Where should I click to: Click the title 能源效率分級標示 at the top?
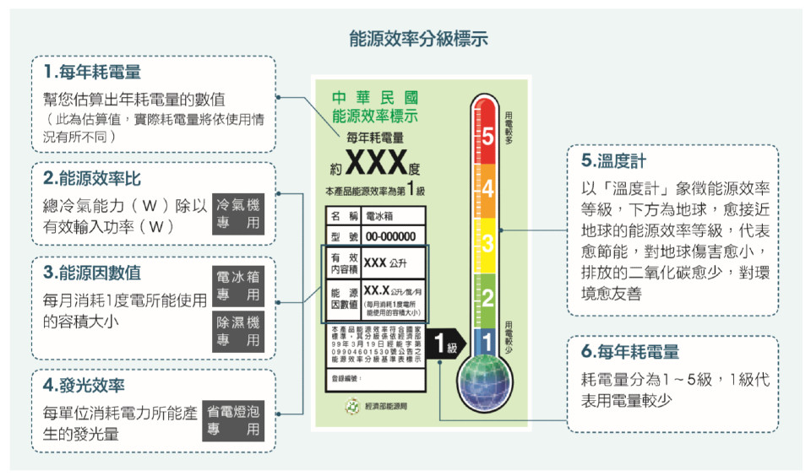pos(418,39)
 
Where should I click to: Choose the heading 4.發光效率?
pos(84,385)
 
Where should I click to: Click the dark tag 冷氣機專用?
pos(238,215)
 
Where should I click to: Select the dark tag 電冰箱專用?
pos(238,286)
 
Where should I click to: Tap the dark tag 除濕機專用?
pos(238,331)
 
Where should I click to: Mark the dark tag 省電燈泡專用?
pos(233,420)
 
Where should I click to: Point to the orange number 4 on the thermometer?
pos(487,190)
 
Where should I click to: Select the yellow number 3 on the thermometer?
pos(487,244)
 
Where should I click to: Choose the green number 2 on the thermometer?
pos(487,297)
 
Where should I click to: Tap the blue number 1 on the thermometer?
pos(487,342)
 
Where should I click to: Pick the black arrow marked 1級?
pos(445,346)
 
